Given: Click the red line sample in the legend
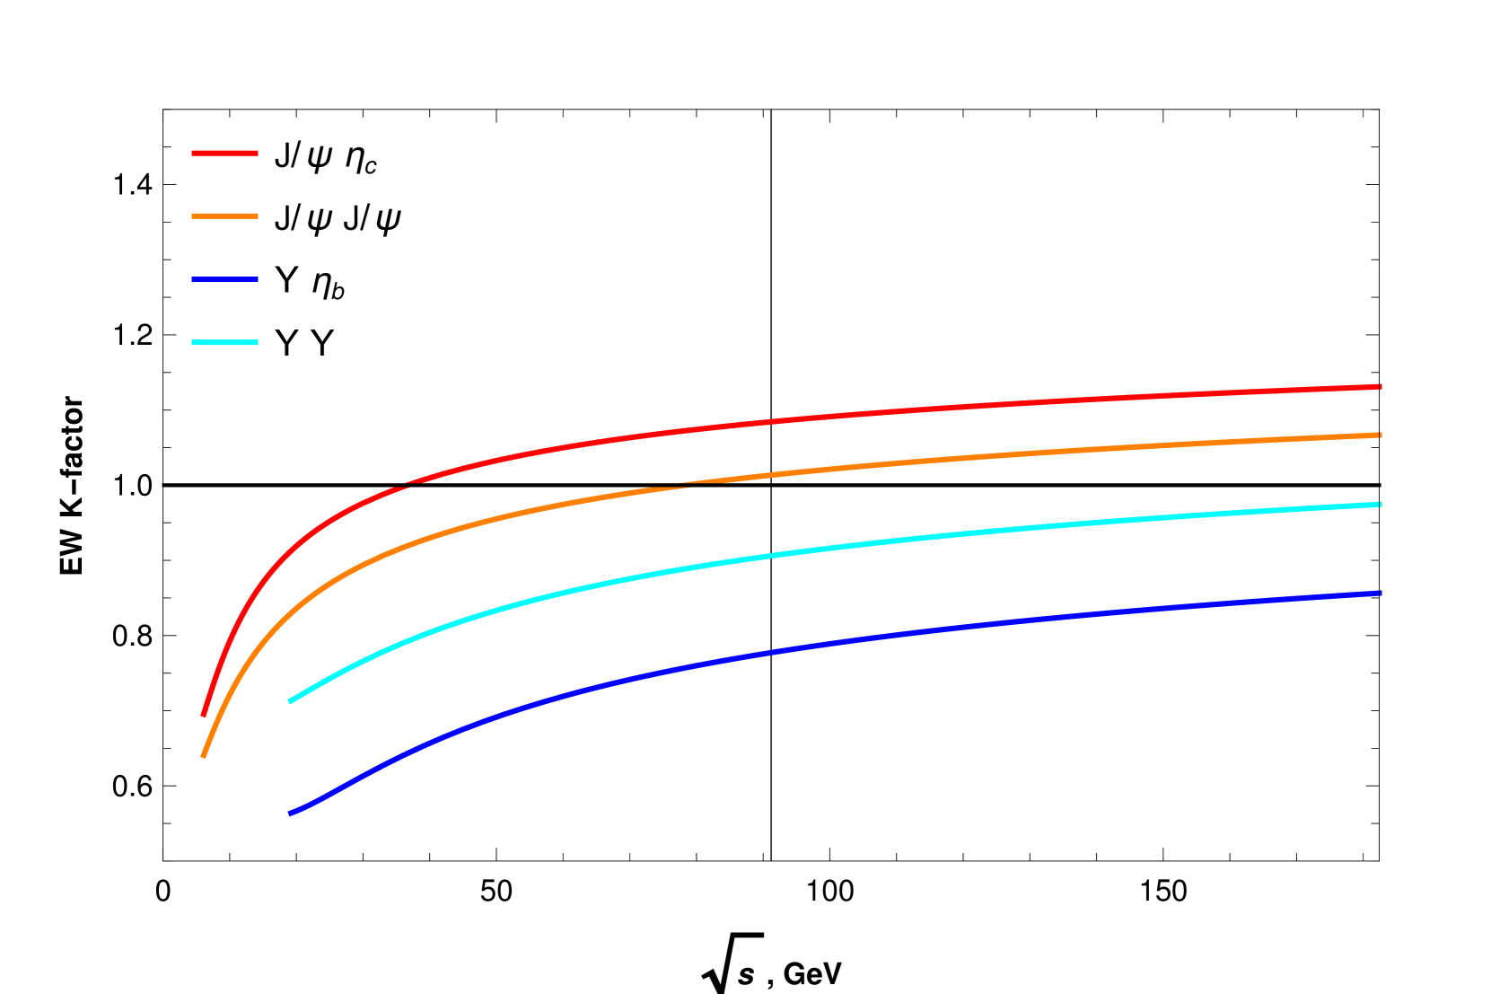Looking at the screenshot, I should click(224, 154).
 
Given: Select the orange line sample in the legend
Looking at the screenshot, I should click(224, 216).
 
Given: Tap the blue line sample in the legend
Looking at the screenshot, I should click(224, 279).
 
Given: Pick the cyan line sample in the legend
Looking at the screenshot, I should click(224, 342).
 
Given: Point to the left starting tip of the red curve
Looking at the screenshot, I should click(204, 716).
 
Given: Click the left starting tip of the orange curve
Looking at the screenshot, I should click(204, 757).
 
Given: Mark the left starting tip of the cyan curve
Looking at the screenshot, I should click(289, 701).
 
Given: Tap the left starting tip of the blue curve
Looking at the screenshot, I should click(289, 814).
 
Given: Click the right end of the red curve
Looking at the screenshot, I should click(1381, 387).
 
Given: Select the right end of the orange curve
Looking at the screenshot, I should click(1381, 435).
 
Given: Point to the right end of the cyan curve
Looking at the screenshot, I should click(1381, 505).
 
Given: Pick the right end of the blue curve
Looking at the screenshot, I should click(1381, 594).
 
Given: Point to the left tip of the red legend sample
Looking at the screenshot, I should click(193, 154).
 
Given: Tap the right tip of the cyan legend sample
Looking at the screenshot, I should click(258, 342).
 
